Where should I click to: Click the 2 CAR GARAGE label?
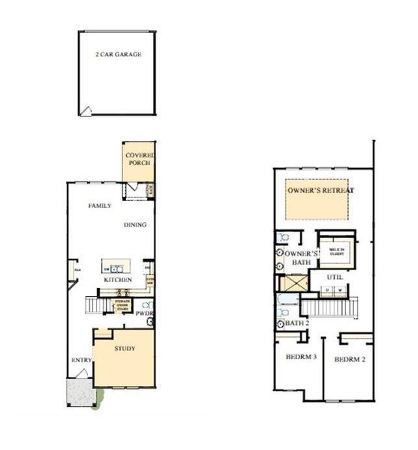pyautogui.click(x=119, y=55)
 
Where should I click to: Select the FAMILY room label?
pyautogui.click(x=100, y=205)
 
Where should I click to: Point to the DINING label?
pyautogui.click(x=135, y=224)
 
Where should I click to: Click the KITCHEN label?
pyautogui.click(x=119, y=280)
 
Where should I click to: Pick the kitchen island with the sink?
pyautogui.click(x=116, y=267)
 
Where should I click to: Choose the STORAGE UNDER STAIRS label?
pyautogui.click(x=120, y=304)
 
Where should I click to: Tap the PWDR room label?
pyautogui.click(x=144, y=314)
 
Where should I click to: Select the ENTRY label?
pyautogui.click(x=81, y=361)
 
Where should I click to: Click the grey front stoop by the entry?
pyautogui.click(x=78, y=391)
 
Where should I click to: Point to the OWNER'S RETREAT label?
pyautogui.click(x=320, y=190)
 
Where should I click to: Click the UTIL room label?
pyautogui.click(x=335, y=277)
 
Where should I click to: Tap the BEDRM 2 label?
pyautogui.click(x=349, y=358)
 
